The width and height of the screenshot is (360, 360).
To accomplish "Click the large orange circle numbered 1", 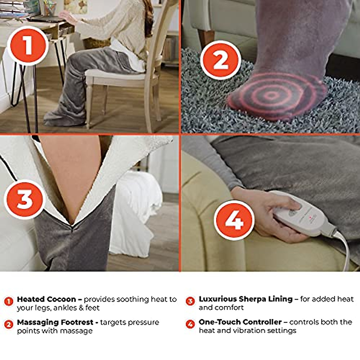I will pos(28,46).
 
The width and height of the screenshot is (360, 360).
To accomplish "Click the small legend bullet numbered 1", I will pos(9,301).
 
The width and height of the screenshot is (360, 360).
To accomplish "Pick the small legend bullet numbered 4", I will pos(190,324).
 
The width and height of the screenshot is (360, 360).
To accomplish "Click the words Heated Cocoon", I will pos(46,299).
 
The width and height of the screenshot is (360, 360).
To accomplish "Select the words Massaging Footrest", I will pos(55,322).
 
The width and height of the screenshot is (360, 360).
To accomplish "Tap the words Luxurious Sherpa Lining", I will pos(245,299).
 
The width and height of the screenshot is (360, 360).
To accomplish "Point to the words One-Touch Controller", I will pos(240,322).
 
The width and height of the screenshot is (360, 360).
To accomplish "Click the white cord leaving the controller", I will pos(345,249).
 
